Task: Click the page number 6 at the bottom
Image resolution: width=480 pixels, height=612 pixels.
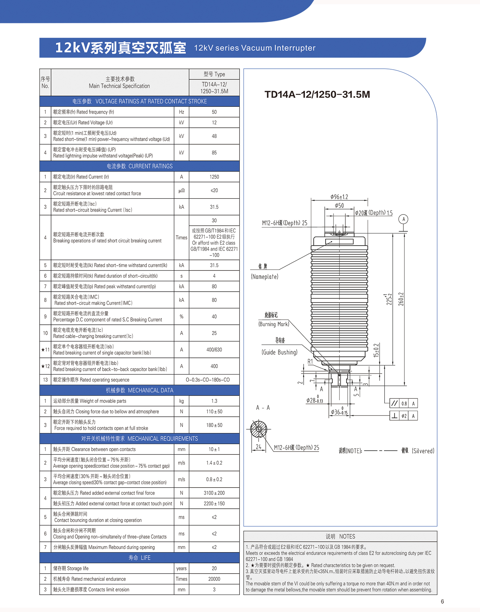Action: tap(442, 601)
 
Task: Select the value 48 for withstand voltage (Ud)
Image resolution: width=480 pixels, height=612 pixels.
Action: tap(214, 136)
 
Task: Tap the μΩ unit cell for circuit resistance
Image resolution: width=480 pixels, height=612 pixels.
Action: tap(181, 191)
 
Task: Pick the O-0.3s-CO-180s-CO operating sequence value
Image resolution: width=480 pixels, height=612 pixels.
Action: tap(208, 380)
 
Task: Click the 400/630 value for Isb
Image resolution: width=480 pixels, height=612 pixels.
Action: tap(214, 350)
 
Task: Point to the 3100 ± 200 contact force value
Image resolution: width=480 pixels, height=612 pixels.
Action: tap(214, 493)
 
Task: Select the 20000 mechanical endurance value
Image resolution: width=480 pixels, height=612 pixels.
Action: tap(214, 579)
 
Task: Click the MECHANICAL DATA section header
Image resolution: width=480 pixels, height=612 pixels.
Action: tap(140, 390)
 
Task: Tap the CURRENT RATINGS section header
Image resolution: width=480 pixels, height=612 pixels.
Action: tap(140, 166)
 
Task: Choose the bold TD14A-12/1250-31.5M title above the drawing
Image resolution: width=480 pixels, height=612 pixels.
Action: tap(317, 94)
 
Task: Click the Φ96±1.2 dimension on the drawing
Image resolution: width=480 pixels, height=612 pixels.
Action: tap(339, 197)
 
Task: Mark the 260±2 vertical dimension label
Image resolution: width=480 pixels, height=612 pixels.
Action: tap(401, 299)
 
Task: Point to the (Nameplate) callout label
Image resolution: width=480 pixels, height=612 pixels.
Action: tap(265, 277)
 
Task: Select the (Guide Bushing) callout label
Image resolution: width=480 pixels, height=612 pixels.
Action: tap(279, 352)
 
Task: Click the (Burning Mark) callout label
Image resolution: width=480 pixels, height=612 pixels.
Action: tap(274, 324)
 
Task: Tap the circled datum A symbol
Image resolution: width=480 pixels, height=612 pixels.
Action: tap(403, 219)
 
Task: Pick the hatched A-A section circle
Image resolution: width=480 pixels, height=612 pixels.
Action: tap(259, 429)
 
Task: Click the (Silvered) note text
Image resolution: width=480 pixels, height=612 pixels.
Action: tap(423, 451)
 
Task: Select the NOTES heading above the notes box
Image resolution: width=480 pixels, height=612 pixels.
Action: tap(340, 536)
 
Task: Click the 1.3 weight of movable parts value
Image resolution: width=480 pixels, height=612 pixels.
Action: tap(214, 401)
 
